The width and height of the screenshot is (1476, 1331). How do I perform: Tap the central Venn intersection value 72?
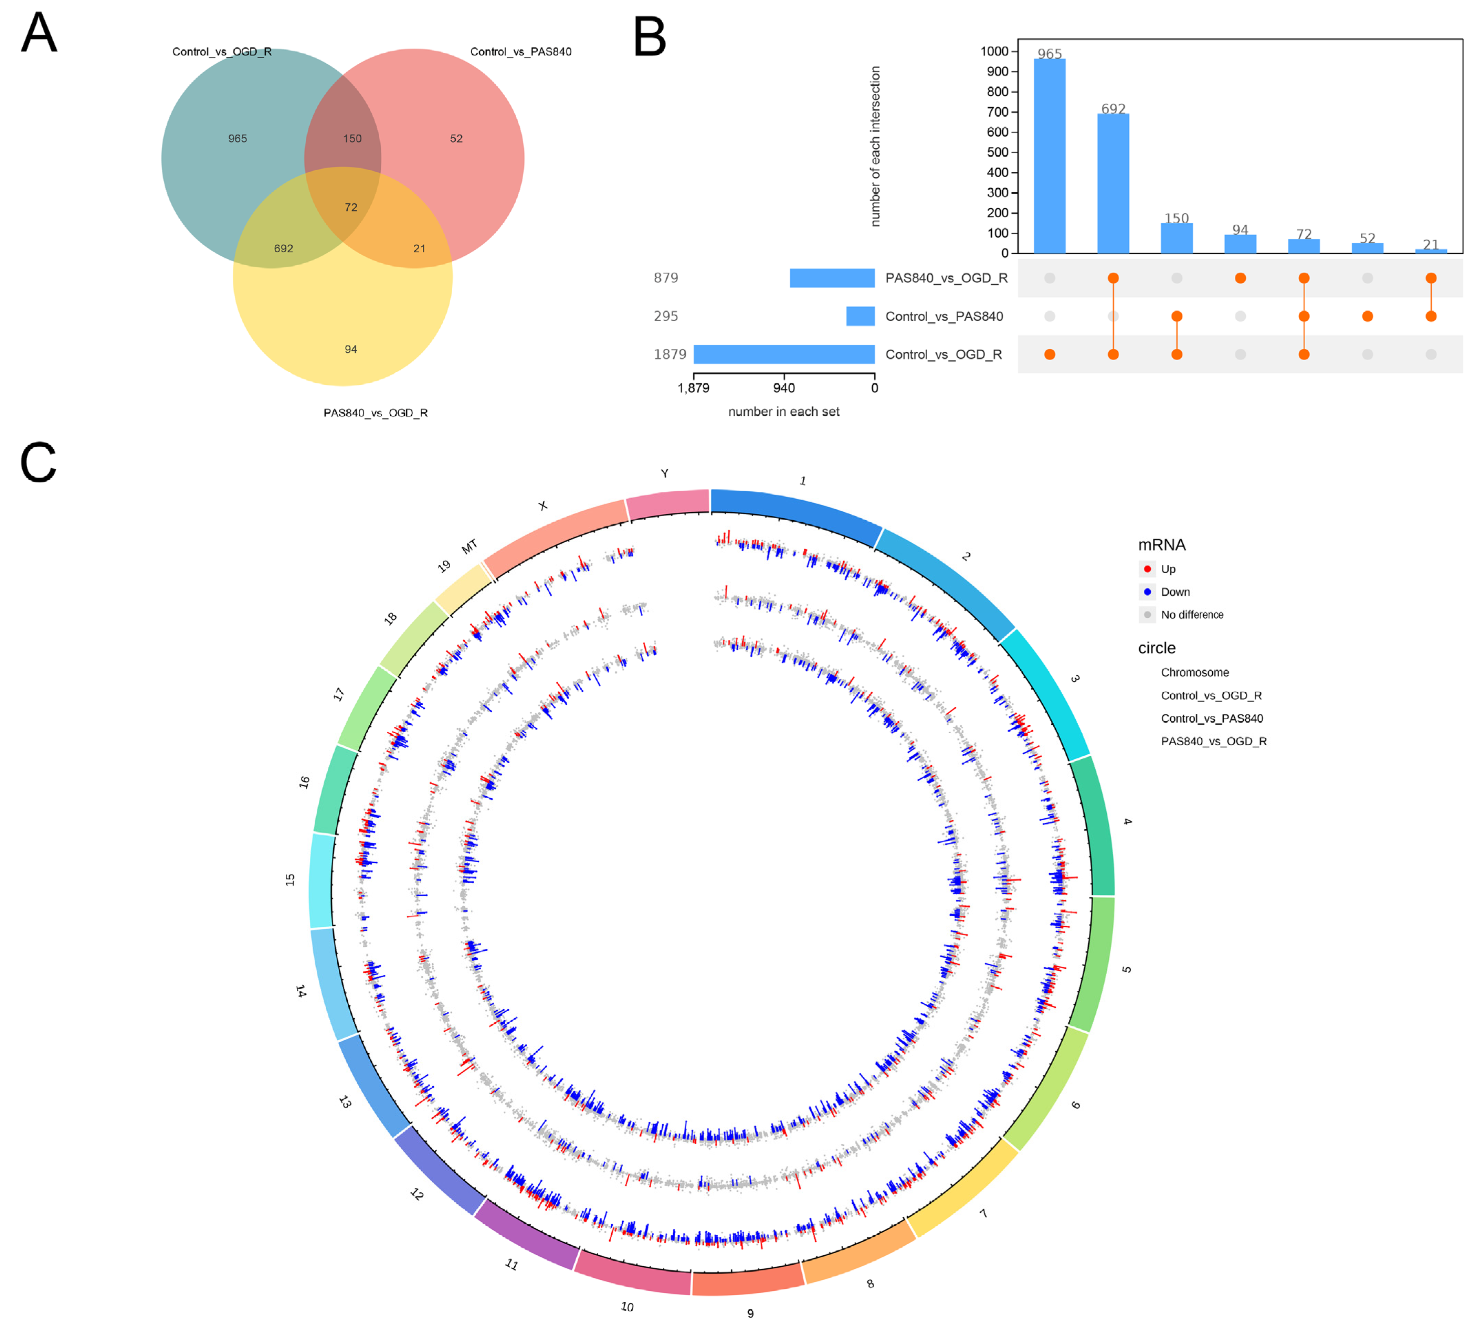click(351, 207)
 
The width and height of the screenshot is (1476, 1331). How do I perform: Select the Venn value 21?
click(419, 249)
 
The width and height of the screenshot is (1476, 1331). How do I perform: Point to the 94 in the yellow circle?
click(351, 350)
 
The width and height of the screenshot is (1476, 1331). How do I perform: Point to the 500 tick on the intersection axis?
click(998, 152)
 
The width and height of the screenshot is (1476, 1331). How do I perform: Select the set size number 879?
click(666, 278)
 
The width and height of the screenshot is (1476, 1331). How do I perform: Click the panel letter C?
click(38, 463)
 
